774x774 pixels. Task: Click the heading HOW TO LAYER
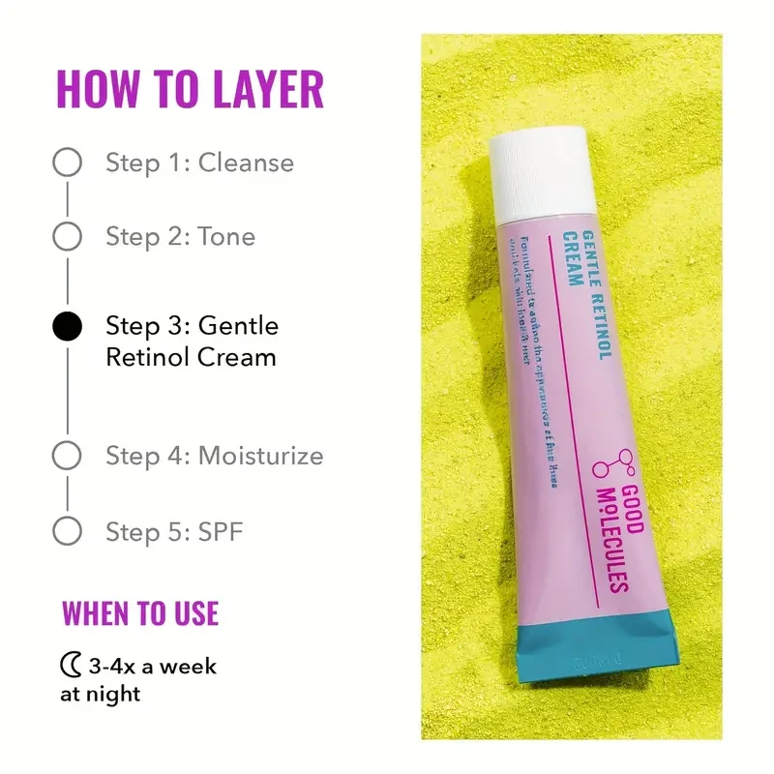(190, 89)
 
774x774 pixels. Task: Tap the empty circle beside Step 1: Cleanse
(67, 163)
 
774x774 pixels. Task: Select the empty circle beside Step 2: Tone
(67, 235)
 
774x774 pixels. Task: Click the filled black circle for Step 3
(67, 327)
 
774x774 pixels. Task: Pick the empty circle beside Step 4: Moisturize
(67, 455)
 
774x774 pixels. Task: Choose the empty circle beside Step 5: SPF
(67, 530)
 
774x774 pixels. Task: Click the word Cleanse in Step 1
(246, 163)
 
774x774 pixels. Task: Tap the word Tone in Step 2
(226, 235)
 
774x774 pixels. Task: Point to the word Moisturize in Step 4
(260, 455)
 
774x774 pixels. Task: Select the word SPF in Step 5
(223, 530)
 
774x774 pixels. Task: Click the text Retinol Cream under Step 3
(191, 356)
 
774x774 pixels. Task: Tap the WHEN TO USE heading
(140, 613)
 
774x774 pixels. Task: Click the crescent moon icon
(70, 667)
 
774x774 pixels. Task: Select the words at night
(100, 694)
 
